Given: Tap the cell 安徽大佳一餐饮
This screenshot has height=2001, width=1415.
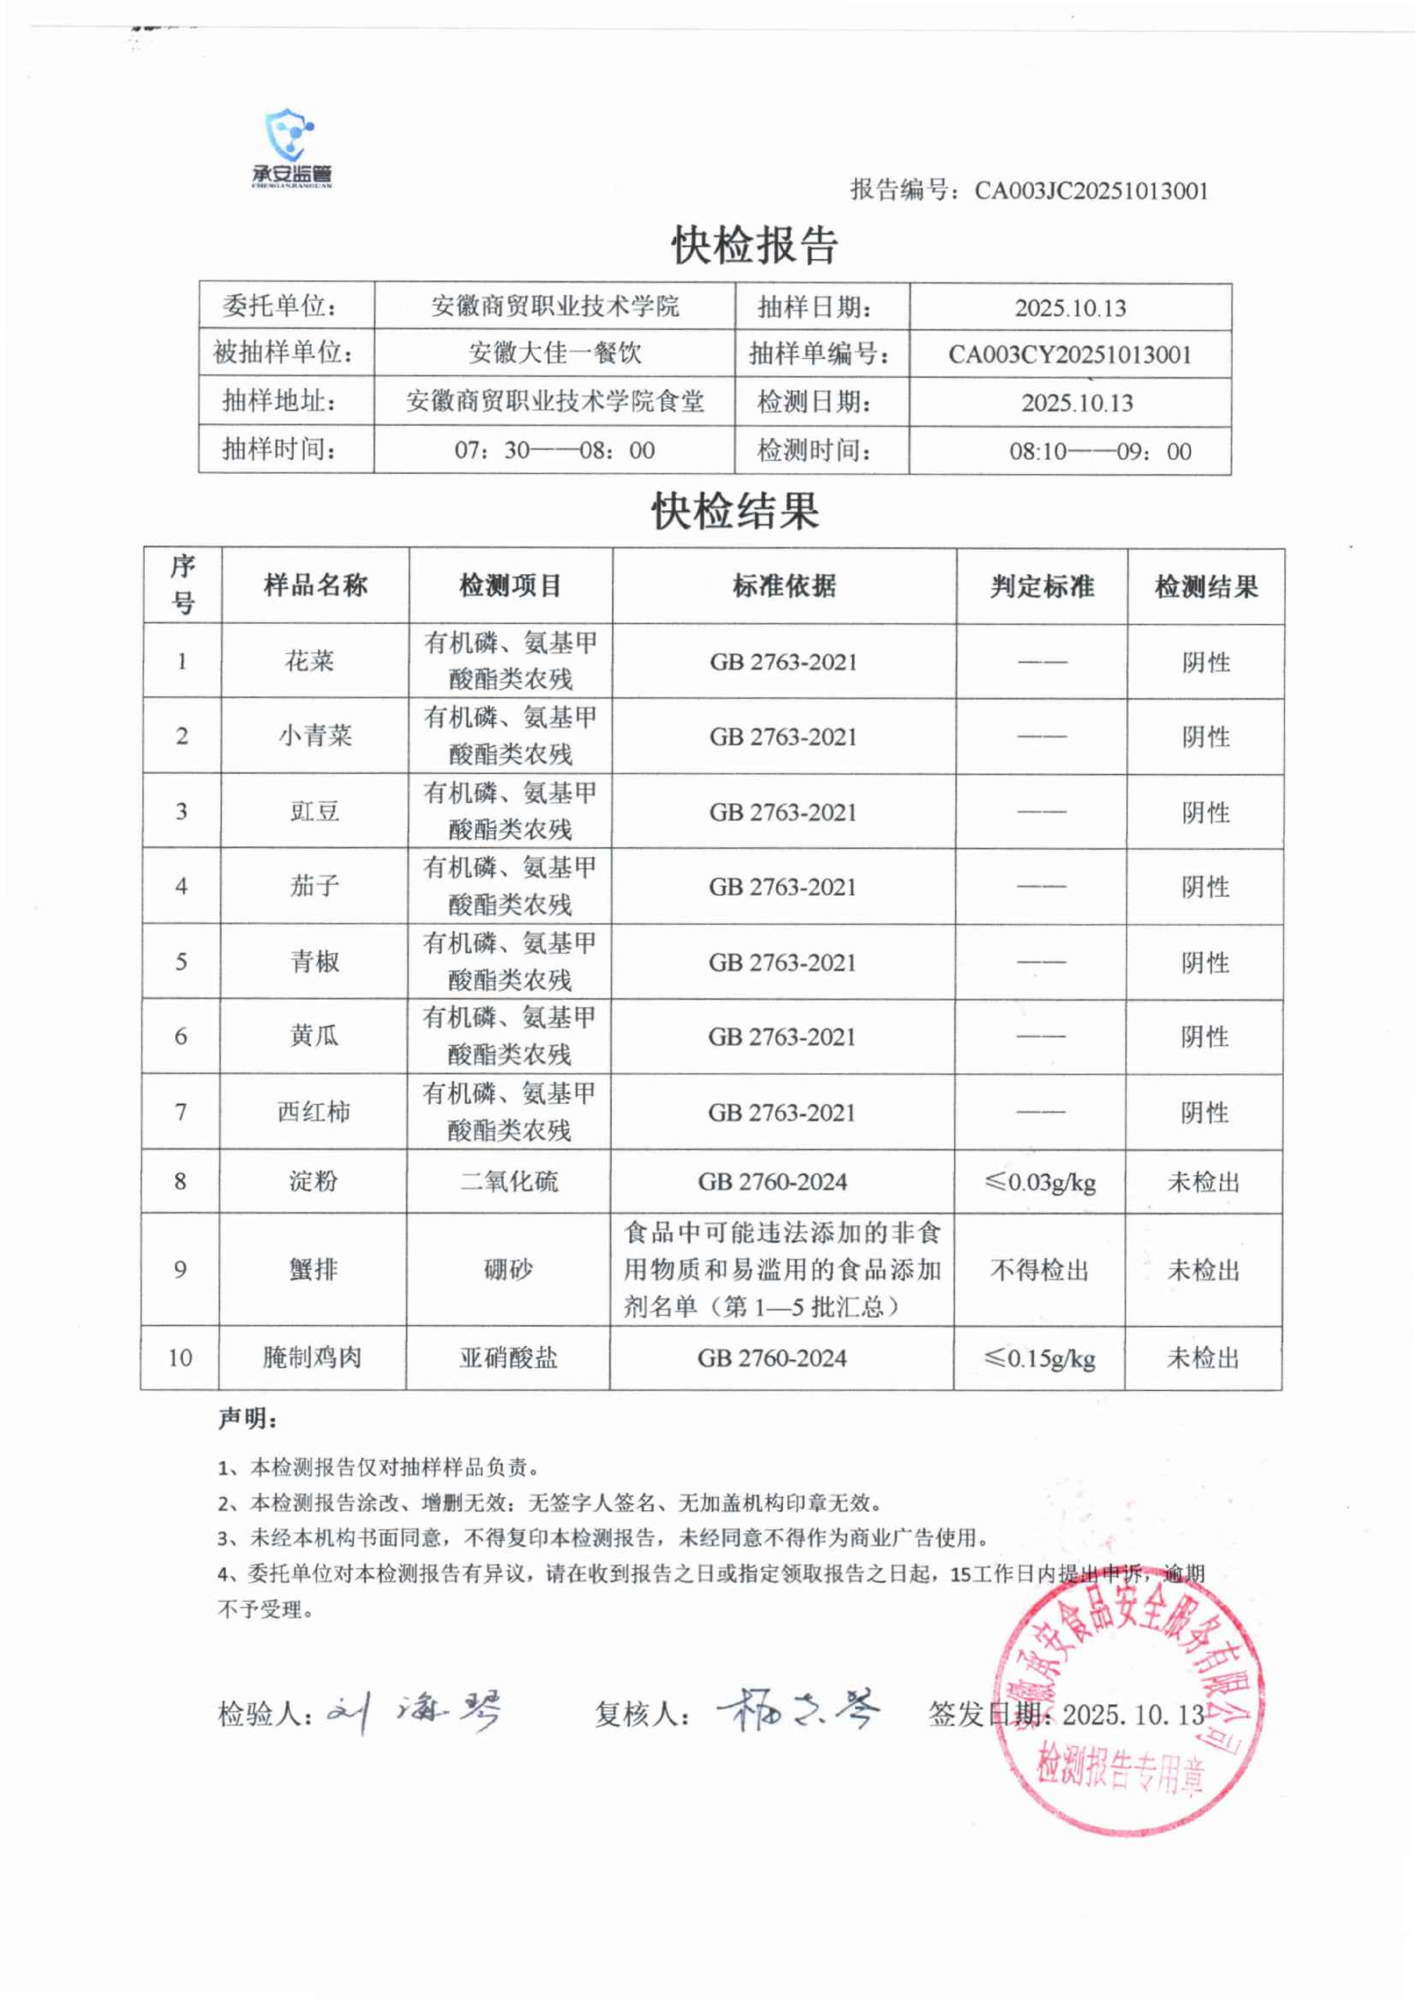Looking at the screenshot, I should [x=554, y=353].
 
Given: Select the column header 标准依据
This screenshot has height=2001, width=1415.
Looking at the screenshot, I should [x=784, y=586].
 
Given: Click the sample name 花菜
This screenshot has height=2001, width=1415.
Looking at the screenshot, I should [x=309, y=661].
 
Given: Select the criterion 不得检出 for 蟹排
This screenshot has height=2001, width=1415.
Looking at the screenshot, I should [x=1040, y=1270].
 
